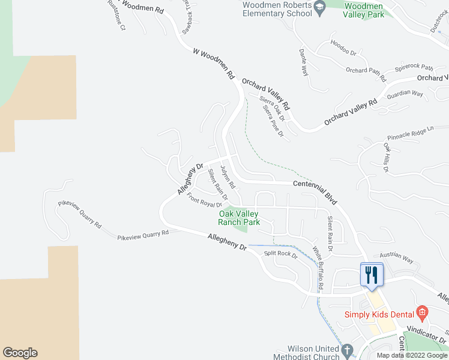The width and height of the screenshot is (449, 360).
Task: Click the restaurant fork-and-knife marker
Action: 370,275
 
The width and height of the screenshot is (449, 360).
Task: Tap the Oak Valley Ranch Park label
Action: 238,218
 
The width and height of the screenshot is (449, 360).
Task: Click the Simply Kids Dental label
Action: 379,314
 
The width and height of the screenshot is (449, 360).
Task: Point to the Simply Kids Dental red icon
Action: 423,312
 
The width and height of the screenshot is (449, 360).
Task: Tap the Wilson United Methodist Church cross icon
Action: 346,350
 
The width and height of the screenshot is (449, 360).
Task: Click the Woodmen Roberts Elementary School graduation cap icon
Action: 320,7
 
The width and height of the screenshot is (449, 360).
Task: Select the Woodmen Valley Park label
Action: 364,10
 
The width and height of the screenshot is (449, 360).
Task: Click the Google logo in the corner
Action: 20,353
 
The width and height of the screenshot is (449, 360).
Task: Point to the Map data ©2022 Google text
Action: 412,355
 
